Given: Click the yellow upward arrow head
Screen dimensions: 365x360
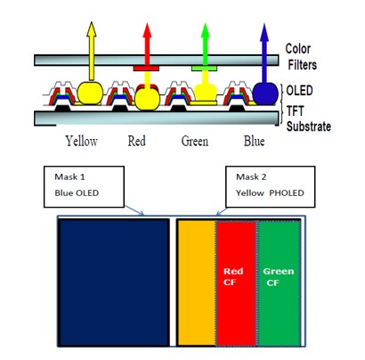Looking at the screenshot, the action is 92,29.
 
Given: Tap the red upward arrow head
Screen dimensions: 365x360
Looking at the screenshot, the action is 147,30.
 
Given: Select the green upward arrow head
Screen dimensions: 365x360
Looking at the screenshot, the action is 205,30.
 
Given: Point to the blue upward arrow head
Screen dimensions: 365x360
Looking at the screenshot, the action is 264,32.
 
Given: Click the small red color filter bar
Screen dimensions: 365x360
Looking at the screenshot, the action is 146,69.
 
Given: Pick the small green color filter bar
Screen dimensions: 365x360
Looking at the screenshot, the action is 204,69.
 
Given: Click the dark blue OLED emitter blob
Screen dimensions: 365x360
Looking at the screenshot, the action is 265,94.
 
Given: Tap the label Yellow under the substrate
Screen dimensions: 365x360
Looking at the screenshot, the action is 82,142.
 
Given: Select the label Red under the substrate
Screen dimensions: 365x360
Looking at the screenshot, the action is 137,141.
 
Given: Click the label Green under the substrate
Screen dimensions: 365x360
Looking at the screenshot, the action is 195,141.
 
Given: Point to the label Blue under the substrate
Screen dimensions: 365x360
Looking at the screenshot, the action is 254,141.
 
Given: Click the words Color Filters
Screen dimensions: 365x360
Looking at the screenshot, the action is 301,56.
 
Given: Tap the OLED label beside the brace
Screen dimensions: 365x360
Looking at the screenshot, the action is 299,91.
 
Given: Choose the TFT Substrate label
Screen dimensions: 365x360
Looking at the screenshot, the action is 309,119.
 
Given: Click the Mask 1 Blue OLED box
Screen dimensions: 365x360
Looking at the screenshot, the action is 84,186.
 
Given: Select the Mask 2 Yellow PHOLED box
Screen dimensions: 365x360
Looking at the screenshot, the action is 271,186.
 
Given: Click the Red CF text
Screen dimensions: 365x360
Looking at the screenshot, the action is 233,276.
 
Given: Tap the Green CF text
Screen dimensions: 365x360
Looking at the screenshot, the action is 278,277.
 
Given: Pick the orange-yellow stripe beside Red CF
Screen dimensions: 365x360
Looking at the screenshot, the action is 197,282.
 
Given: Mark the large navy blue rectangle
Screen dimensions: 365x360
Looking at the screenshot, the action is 114,282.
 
